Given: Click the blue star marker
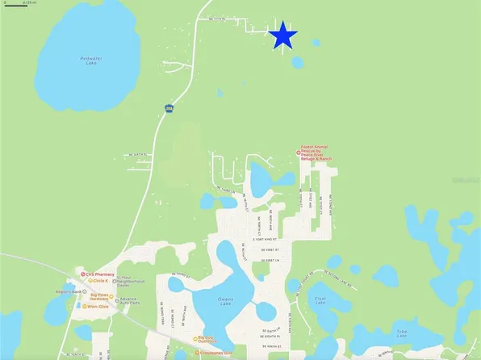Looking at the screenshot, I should point(282,36).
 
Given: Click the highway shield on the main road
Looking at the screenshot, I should point(169,107).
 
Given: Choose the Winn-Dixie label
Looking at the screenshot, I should point(98,306).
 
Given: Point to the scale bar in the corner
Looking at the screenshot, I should point(16,4).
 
